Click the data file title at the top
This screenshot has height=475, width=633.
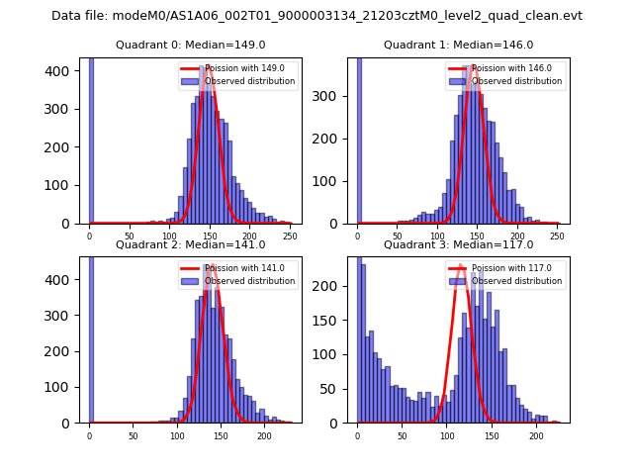coord(316,16)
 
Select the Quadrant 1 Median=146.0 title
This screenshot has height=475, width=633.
coord(458,45)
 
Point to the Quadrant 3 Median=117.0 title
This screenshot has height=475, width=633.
coord(458,244)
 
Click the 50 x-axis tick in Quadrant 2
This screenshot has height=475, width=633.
coord(133,435)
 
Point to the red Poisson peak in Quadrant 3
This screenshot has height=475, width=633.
coord(460,266)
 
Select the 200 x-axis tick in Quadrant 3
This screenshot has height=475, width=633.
coord(536,435)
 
